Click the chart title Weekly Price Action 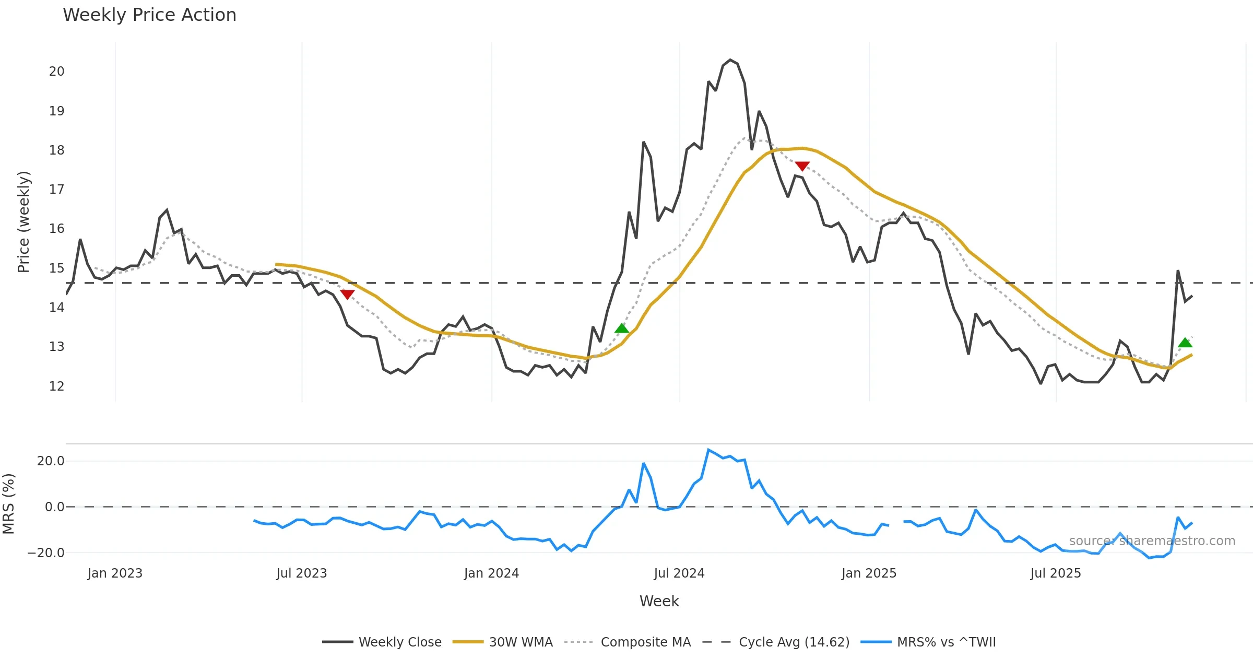(149, 15)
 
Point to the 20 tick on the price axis (56, 72)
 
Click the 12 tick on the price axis (56, 386)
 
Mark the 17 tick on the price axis (56, 190)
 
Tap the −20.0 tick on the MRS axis (46, 553)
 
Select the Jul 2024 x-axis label (679, 573)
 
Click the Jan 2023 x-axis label (115, 573)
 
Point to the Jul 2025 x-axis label (1055, 573)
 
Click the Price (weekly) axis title (23, 222)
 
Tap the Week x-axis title (659, 602)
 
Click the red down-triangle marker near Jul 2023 (347, 294)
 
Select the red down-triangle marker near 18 (802, 166)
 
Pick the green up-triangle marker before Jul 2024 (622, 328)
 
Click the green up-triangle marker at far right (1185, 343)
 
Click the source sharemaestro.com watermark (1152, 541)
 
